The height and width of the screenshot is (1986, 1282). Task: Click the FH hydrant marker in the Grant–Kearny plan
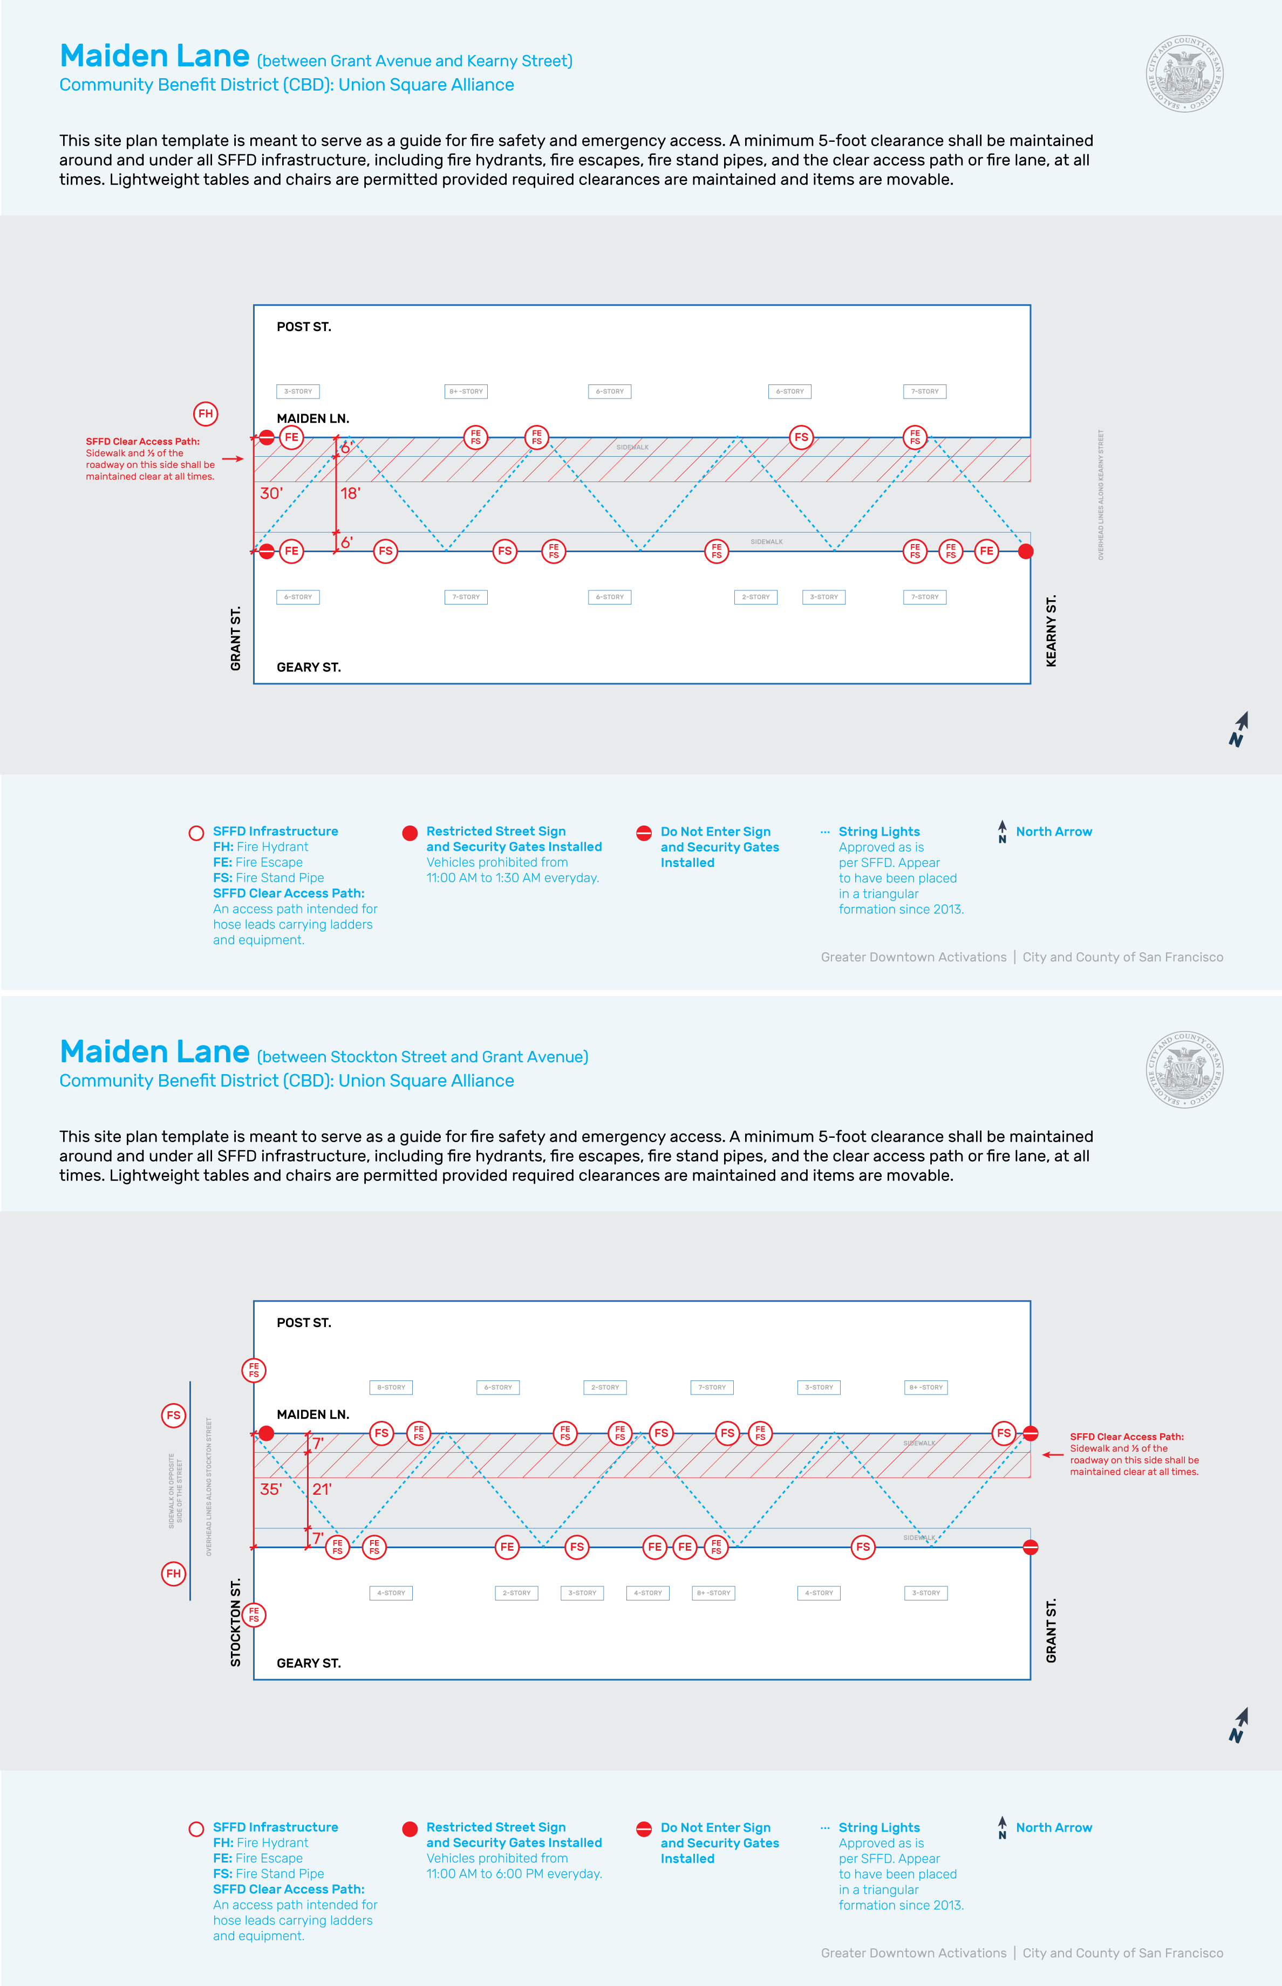[206, 414]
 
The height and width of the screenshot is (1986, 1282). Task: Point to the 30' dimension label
[271, 493]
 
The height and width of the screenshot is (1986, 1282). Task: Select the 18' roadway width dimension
[350, 493]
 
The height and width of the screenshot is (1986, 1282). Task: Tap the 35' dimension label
[271, 1489]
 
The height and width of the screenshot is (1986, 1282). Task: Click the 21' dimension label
[322, 1489]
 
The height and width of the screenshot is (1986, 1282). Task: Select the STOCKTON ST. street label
[236, 1623]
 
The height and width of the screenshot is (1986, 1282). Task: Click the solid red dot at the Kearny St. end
[1026, 551]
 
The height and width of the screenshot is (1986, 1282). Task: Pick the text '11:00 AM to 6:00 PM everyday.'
[514, 1874]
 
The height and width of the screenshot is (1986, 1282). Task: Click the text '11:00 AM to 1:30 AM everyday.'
[512, 878]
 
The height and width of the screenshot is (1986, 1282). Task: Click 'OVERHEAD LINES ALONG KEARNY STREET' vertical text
[1101, 494]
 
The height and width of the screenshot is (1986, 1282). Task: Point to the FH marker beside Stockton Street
[173, 1573]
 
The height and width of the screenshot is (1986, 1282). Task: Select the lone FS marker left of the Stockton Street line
[173, 1415]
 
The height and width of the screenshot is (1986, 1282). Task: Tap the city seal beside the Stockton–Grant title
[1184, 1070]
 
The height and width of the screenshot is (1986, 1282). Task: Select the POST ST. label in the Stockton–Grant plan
[304, 1323]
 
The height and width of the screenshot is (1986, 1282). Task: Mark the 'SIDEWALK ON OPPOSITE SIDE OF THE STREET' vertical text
[175, 1490]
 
